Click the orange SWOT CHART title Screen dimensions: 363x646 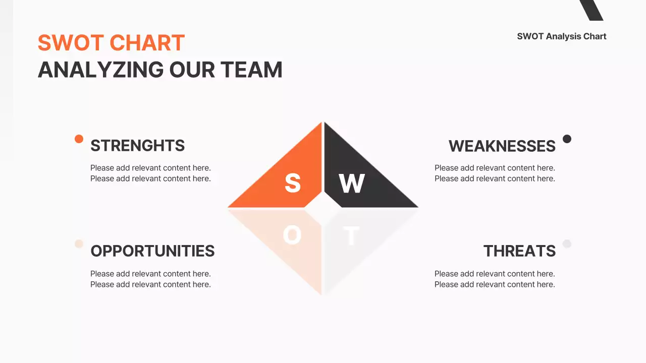[x=111, y=43]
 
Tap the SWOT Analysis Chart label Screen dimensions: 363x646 [x=562, y=36]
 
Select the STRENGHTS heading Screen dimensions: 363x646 [x=137, y=146]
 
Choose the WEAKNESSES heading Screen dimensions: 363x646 [x=502, y=146]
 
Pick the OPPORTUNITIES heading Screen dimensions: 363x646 [x=152, y=251]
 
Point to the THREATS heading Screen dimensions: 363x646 [x=519, y=251]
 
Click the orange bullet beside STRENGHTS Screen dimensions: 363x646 [x=79, y=139]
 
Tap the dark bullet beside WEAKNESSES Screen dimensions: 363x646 [x=567, y=139]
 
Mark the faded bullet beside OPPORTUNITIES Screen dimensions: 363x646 [x=79, y=244]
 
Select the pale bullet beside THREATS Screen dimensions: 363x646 [x=567, y=244]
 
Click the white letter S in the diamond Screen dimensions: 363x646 [x=293, y=183]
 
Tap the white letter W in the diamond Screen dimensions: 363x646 [x=352, y=184]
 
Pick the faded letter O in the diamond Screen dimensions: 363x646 [x=292, y=235]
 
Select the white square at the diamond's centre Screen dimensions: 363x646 [x=322, y=207]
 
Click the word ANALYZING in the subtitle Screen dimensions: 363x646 [x=100, y=70]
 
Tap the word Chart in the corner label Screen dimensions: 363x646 [x=595, y=36]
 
